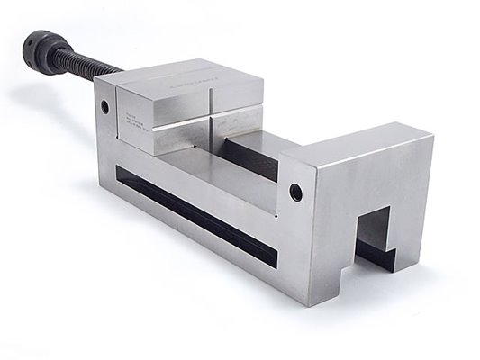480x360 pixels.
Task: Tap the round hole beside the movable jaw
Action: [105, 106]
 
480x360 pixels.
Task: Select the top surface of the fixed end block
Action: [360, 143]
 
